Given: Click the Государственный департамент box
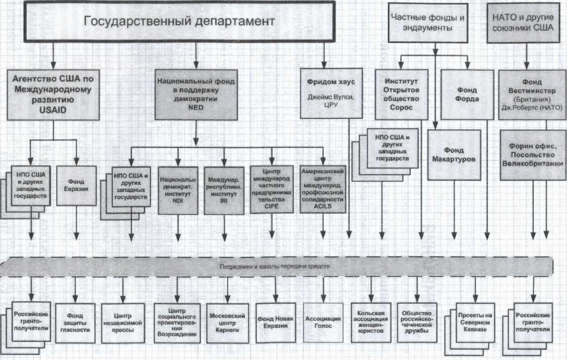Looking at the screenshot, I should tap(178, 21).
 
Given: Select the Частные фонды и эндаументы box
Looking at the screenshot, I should tap(428, 22).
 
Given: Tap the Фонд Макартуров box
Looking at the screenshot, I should tap(454, 155).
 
